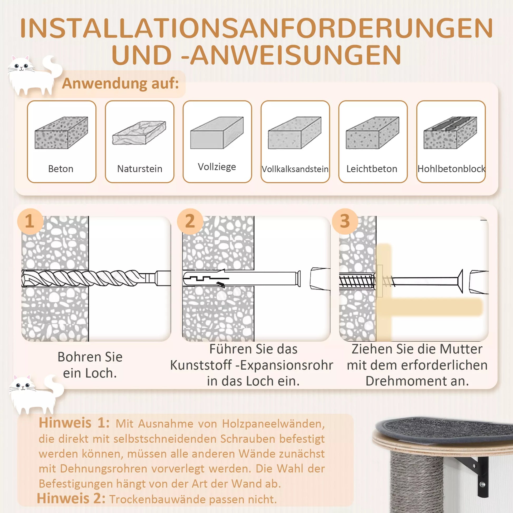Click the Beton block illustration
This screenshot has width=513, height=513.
[x=61, y=133]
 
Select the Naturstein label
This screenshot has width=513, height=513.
[x=140, y=169]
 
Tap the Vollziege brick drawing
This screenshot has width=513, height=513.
[x=217, y=133]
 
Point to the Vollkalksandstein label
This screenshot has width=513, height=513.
[x=295, y=169]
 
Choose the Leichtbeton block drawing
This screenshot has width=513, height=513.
[x=372, y=133]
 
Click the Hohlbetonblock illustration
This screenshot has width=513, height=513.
[x=450, y=133]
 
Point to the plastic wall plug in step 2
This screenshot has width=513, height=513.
[x=242, y=279]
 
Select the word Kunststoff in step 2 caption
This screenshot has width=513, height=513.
[x=201, y=365]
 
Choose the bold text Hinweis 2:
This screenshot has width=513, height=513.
[x=71, y=498]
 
